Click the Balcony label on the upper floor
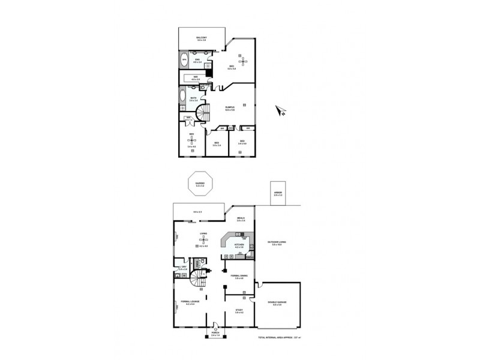point(202,39)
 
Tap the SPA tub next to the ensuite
point(184,60)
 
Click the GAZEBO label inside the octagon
point(199,185)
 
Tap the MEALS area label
point(241,219)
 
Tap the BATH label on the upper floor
point(194,98)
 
